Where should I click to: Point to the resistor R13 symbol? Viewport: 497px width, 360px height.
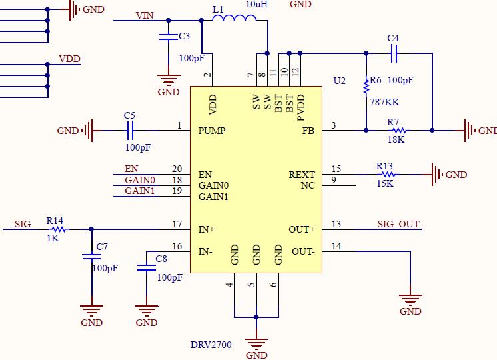point(384,175)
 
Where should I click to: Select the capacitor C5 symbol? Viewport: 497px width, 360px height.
point(130,131)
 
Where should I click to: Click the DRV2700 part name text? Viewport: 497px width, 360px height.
point(211,345)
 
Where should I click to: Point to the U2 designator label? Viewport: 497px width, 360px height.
point(340,81)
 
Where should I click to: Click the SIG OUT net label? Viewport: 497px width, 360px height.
point(398,224)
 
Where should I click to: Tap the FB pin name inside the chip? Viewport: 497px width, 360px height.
point(308,131)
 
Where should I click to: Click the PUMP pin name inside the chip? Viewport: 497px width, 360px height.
point(212,131)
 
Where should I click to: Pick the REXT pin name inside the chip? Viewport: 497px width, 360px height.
point(302,175)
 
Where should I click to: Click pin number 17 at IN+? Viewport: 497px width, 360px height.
point(177,224)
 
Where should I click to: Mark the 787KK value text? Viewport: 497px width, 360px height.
point(384,103)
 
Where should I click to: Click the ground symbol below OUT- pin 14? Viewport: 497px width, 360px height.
point(410,301)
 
